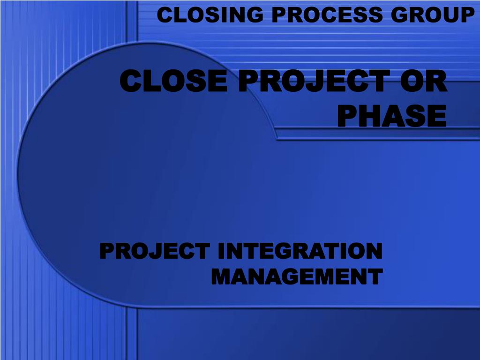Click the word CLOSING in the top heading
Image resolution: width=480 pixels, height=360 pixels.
coord(210,15)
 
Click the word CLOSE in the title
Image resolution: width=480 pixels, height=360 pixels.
coord(173,81)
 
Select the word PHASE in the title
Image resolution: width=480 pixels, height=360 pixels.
coord(392,116)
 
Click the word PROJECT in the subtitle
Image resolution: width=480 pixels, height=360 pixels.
coord(155,251)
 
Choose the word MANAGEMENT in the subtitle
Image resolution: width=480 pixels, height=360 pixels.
coord(297,277)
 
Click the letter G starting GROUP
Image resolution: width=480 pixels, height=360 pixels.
coord(399,15)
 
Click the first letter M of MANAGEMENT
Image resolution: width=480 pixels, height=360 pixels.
coord(222,277)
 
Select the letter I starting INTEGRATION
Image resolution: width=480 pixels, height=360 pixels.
coord(222,251)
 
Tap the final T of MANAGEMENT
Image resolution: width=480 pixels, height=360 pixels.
coord(375,277)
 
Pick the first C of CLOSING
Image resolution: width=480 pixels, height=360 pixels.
coord(165,15)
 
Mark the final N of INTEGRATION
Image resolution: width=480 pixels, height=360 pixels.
coord(374,251)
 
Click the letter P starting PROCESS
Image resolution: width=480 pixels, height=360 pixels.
coord(279,15)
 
